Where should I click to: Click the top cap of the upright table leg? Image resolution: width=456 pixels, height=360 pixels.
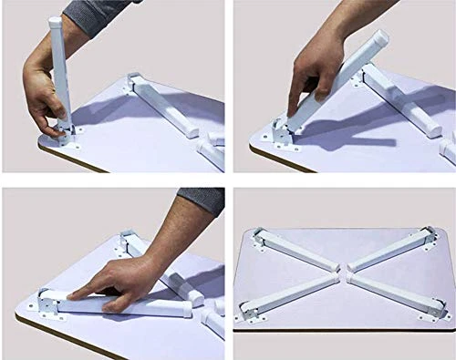click(x=55, y=21)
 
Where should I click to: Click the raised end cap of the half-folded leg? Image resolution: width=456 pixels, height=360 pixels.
click(x=376, y=41)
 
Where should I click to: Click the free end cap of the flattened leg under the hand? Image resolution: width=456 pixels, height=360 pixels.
click(x=186, y=310)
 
